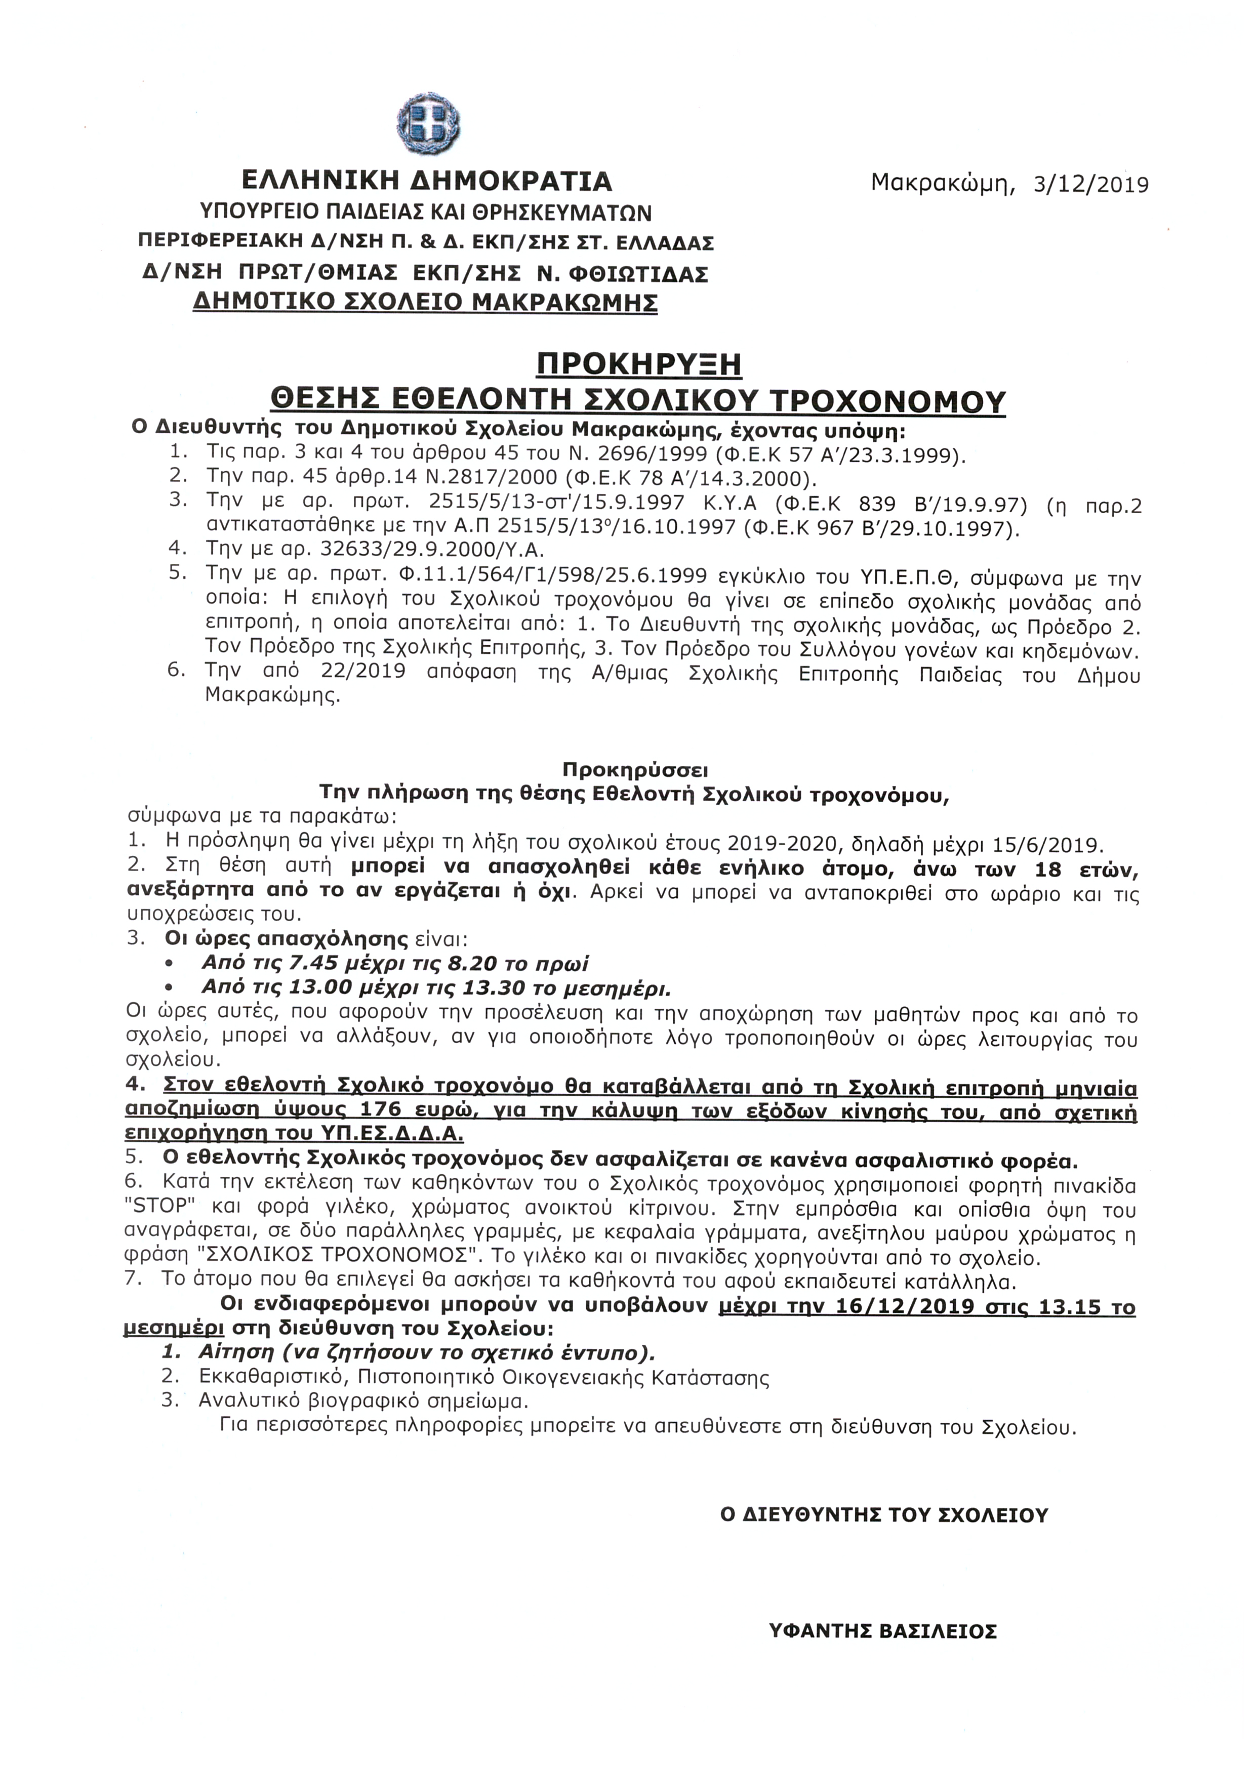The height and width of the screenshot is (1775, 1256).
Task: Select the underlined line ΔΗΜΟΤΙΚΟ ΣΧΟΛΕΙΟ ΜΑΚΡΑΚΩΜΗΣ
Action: pos(425,302)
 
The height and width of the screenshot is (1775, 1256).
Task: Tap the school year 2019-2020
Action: pos(779,841)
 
